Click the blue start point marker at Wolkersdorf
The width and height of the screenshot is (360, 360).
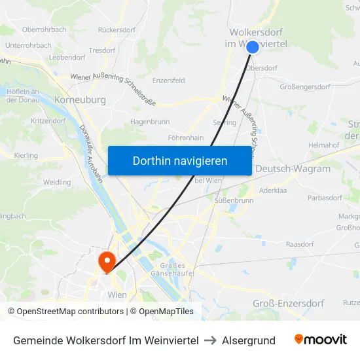[253, 47]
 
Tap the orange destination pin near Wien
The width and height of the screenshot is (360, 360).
[105, 261]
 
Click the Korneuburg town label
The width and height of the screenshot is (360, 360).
[81, 100]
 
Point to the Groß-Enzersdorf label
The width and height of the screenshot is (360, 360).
[289, 303]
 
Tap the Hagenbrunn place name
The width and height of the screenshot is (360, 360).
[151, 122]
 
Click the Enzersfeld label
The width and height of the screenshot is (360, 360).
[168, 81]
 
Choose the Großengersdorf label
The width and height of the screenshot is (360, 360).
[307, 87]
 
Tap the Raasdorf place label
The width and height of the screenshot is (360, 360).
[300, 243]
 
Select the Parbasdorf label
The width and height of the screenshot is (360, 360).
[325, 198]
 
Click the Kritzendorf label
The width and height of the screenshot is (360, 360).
[48, 122]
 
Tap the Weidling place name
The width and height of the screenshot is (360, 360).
[56, 182]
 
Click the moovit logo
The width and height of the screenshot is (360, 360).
[321, 340]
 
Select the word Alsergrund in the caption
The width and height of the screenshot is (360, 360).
[249, 340]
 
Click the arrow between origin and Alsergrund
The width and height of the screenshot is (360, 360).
[211, 340]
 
